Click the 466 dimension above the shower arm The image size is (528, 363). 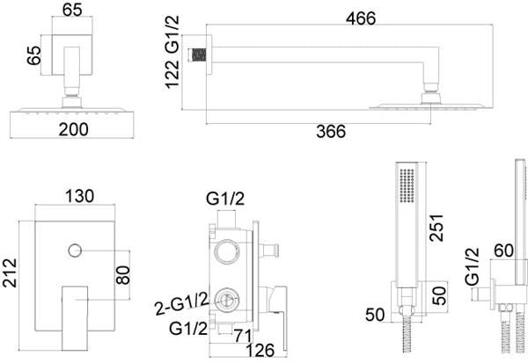(361, 18)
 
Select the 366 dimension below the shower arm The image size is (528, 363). (331, 131)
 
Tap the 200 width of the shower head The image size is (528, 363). (73, 129)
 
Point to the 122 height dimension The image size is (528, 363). (172, 74)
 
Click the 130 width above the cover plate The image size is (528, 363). (79, 196)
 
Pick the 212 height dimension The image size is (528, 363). (10, 272)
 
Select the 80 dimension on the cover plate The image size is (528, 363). (123, 275)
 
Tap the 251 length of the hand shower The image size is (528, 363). (437, 228)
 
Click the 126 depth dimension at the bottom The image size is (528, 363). (260, 350)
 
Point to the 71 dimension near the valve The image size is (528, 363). (243, 336)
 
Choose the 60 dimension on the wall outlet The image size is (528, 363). (503, 250)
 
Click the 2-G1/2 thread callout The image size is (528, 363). (182, 304)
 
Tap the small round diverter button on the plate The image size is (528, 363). (75, 250)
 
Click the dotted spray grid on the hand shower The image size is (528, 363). (407, 185)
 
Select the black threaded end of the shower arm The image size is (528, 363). (199, 54)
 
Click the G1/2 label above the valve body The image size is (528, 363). (225, 200)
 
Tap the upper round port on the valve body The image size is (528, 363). (227, 252)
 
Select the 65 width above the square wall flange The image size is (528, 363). (72, 10)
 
